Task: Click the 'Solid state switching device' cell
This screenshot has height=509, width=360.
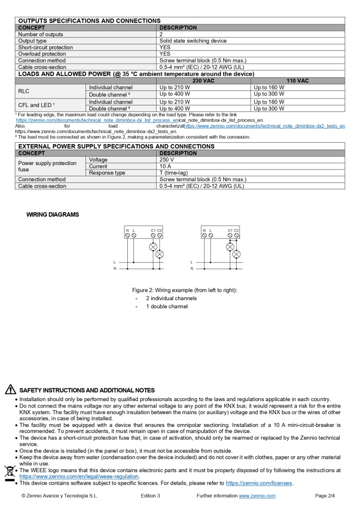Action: [x=192, y=41]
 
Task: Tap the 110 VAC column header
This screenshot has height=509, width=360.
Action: [x=297, y=81]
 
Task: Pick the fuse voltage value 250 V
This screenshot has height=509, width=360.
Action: [x=167, y=160]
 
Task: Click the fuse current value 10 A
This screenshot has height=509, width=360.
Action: [x=166, y=166]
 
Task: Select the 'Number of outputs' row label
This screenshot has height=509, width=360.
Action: [x=41, y=34]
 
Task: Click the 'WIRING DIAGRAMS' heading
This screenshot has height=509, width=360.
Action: [x=53, y=215]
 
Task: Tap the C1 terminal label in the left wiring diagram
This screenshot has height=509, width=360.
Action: [x=153, y=230]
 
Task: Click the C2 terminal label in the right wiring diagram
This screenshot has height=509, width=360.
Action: [x=236, y=230]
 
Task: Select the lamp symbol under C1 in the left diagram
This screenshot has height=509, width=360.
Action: [x=153, y=247]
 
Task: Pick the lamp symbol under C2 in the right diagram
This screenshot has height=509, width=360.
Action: [x=237, y=254]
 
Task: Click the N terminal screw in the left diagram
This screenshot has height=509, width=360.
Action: [x=127, y=236]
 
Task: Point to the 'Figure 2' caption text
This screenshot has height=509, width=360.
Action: [x=184, y=290]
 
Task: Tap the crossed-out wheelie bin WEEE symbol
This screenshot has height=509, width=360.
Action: [x=9, y=472]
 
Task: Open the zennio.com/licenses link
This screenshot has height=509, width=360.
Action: [x=259, y=483]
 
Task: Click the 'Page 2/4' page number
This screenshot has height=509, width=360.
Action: [x=325, y=496]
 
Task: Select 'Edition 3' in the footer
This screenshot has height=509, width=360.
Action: [x=150, y=496]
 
